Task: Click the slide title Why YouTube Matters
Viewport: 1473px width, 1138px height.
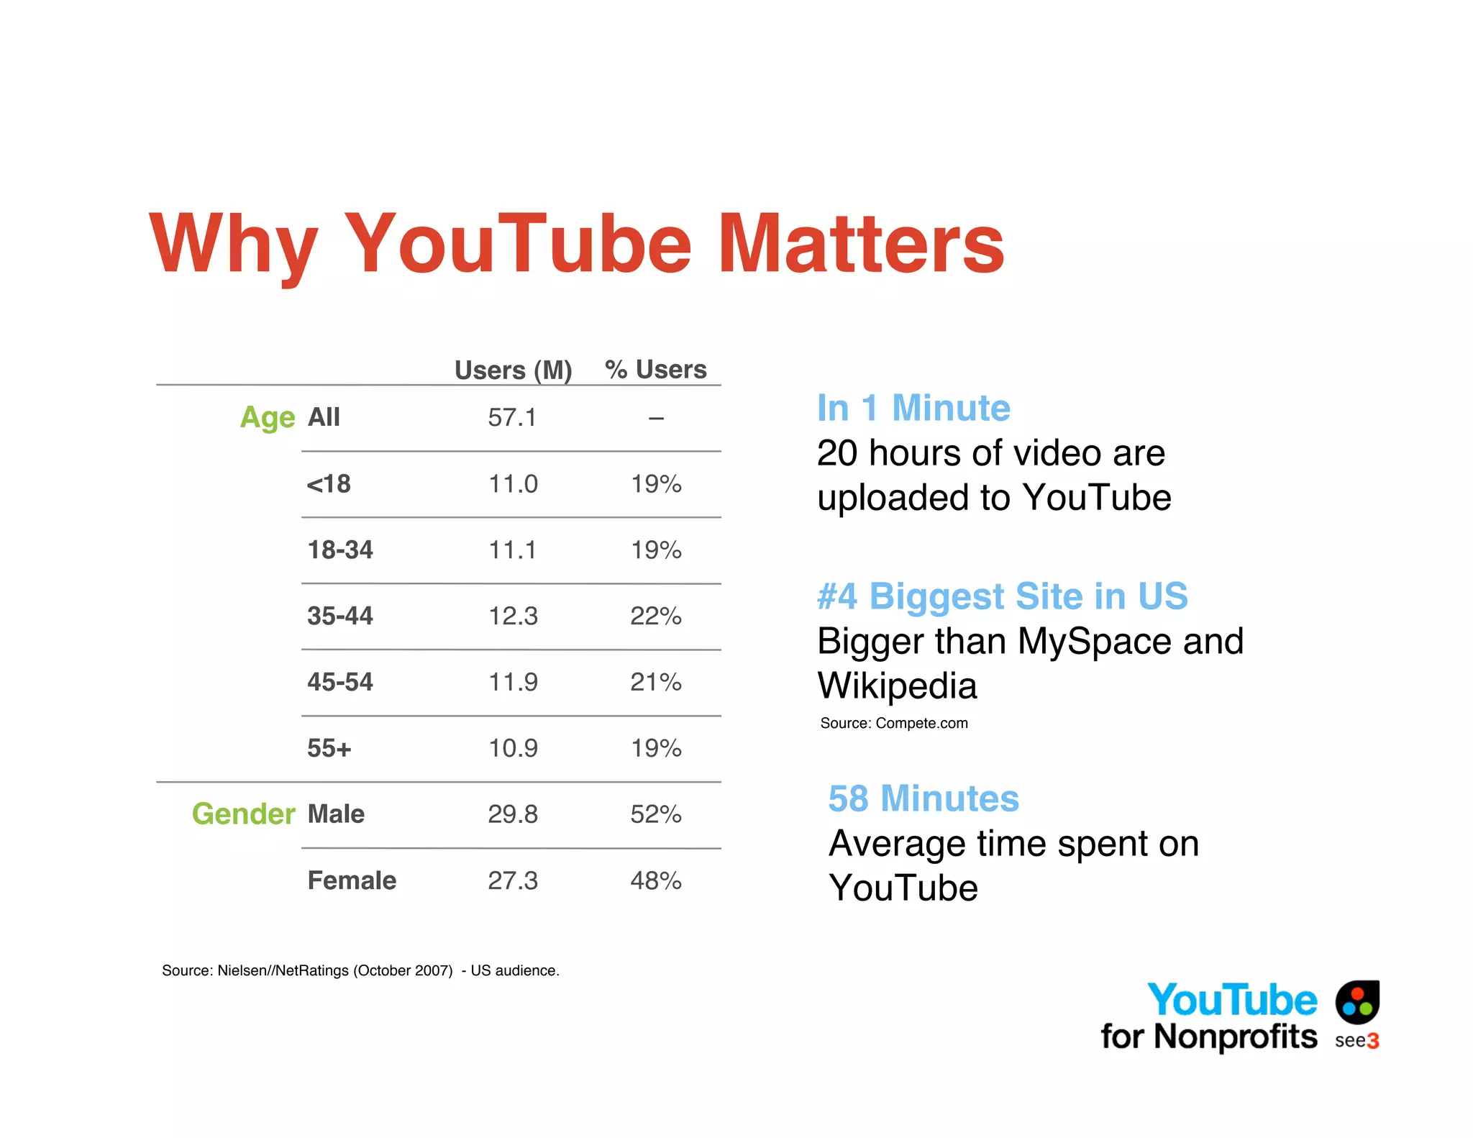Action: [x=576, y=245]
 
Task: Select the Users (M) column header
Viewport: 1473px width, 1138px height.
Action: [x=513, y=370]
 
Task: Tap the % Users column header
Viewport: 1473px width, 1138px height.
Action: [x=655, y=369]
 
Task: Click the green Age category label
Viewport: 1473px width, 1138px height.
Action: [x=267, y=417]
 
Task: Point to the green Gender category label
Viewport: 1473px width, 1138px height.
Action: [x=243, y=814]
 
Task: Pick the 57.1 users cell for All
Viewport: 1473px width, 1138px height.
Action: [x=512, y=417]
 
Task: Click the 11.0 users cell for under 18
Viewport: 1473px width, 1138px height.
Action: [x=513, y=483]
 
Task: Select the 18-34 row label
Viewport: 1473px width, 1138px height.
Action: [x=340, y=550]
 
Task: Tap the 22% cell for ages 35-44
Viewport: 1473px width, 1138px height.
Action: [x=655, y=616]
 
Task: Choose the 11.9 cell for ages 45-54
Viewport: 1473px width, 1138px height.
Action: [x=513, y=682]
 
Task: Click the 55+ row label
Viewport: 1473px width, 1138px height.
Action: [x=329, y=748]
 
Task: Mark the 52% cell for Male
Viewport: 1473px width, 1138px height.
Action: [x=655, y=814]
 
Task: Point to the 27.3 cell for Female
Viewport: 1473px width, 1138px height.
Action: [x=513, y=880]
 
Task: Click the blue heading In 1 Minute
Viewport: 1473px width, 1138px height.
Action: [x=913, y=408]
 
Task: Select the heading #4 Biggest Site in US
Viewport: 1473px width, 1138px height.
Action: [x=1002, y=596]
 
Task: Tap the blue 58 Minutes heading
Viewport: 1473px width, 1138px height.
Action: [x=924, y=798]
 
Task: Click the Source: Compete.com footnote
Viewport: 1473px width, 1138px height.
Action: [x=894, y=723]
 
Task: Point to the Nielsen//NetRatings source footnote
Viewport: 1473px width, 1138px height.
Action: [x=360, y=970]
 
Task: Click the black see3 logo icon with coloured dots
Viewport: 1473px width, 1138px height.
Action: [x=1357, y=1002]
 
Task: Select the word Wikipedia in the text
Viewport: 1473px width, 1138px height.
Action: [x=898, y=686]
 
